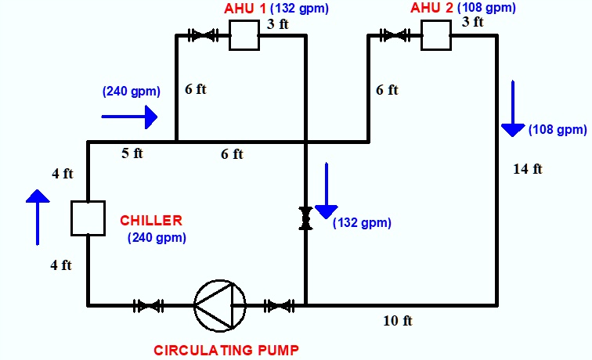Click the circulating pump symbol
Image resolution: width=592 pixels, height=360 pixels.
[x=220, y=306]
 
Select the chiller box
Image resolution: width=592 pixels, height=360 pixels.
[x=88, y=218]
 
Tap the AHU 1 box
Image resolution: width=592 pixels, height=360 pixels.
[x=244, y=35]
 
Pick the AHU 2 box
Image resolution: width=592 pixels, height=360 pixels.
[x=436, y=35]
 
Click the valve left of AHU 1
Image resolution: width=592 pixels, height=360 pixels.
[x=203, y=35]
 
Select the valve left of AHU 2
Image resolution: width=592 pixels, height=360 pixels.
[x=395, y=35]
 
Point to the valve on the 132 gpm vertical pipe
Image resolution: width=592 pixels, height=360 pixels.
[x=305, y=218]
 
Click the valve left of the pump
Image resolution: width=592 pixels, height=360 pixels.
[x=148, y=306]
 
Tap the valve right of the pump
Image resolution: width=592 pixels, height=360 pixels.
[x=279, y=306]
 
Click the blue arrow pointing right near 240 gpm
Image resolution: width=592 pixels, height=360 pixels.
[x=129, y=117]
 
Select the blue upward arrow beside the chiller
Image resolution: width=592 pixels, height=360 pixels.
[x=38, y=218]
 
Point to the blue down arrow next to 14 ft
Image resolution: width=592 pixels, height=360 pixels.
[x=513, y=108]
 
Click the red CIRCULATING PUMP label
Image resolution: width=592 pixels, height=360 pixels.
[x=226, y=350]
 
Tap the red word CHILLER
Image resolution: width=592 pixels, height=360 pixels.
[x=151, y=221]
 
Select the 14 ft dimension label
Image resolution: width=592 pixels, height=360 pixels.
[x=528, y=169]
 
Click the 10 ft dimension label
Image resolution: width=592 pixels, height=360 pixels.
[x=398, y=321]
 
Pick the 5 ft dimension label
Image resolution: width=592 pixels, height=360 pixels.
[x=132, y=153]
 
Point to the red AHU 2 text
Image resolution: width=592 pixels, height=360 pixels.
[x=431, y=8]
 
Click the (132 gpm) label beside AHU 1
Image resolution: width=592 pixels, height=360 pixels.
[x=299, y=9]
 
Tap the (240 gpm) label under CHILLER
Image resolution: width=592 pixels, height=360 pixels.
[x=157, y=238]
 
